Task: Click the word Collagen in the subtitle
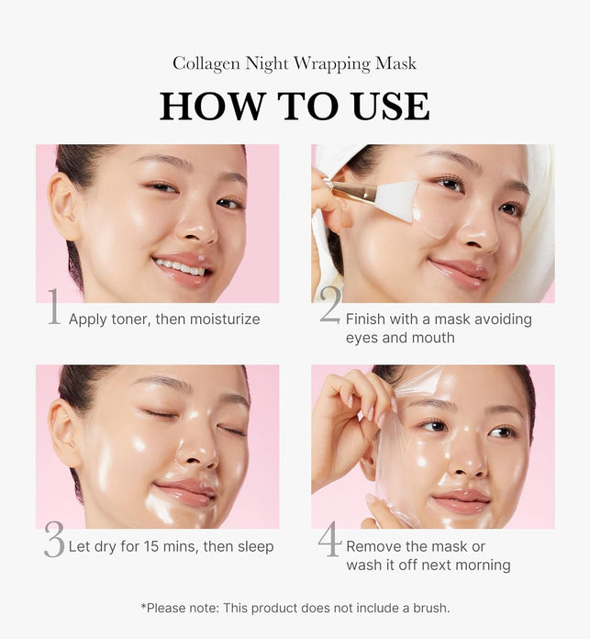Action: tap(206, 64)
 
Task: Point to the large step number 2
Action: tap(329, 305)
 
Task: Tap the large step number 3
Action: tap(54, 539)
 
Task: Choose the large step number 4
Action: tap(329, 539)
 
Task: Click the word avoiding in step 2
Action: tap(503, 319)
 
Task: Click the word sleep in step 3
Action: tap(255, 547)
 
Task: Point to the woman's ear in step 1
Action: tap(64, 207)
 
